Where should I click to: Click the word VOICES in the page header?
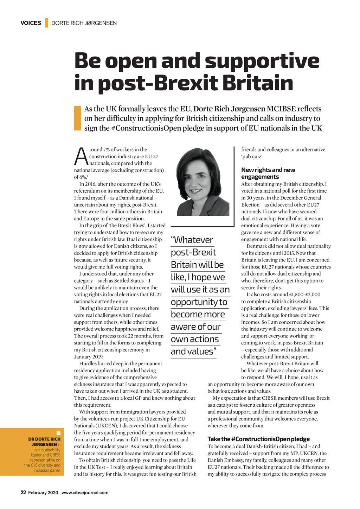tap(31, 23)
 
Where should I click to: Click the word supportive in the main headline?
tap(262, 61)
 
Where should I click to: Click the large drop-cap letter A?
tap(81, 157)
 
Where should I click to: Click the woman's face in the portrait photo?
tap(197, 179)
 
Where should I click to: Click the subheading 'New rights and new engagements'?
tap(268, 173)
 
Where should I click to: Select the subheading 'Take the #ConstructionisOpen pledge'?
tap(258, 439)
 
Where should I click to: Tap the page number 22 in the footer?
tap(23, 492)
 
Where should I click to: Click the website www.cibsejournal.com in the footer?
tap(85, 492)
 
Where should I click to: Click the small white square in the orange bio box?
tap(58, 433)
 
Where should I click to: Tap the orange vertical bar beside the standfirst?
tap(77, 118)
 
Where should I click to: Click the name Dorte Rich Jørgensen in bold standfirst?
tap(229, 109)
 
